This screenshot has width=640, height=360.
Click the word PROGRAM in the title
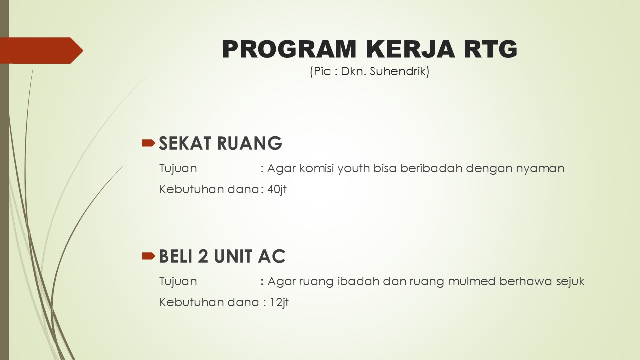point(289,49)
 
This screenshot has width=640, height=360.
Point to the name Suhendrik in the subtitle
point(399,71)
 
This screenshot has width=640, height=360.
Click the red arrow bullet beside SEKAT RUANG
point(148,143)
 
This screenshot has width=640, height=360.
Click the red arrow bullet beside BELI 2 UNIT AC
point(148,256)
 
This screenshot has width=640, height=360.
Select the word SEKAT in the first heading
point(185,143)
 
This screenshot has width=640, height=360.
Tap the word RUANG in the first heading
point(250,143)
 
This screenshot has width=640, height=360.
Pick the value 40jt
point(277,189)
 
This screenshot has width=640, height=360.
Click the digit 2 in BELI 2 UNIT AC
point(203,256)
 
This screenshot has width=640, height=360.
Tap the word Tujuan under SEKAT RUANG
point(178,169)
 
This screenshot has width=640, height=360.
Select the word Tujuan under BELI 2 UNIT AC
point(178,282)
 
